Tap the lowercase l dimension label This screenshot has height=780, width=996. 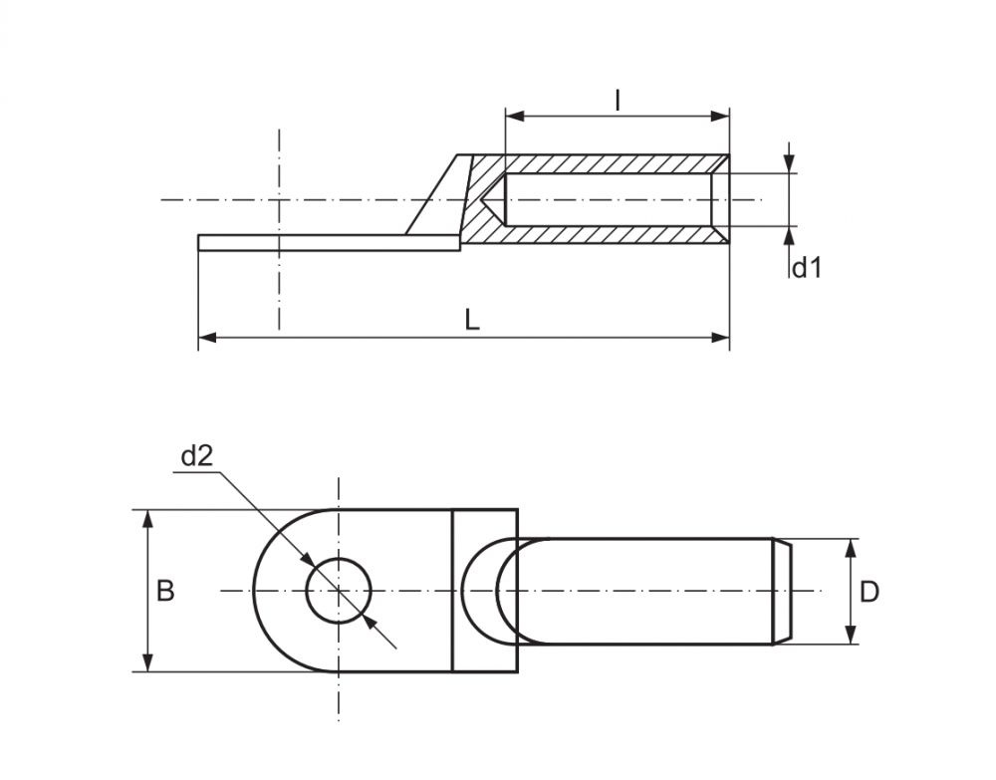click(x=618, y=99)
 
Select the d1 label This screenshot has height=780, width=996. click(x=806, y=266)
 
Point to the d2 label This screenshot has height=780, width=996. click(x=196, y=456)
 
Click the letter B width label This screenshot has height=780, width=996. click(x=165, y=591)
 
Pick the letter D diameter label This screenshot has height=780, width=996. click(x=870, y=592)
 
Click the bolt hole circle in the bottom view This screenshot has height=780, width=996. click(x=339, y=591)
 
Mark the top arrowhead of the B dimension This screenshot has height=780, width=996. click(x=148, y=519)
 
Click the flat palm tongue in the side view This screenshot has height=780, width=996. click(x=299, y=243)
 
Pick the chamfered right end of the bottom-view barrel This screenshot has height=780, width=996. click(x=783, y=591)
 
